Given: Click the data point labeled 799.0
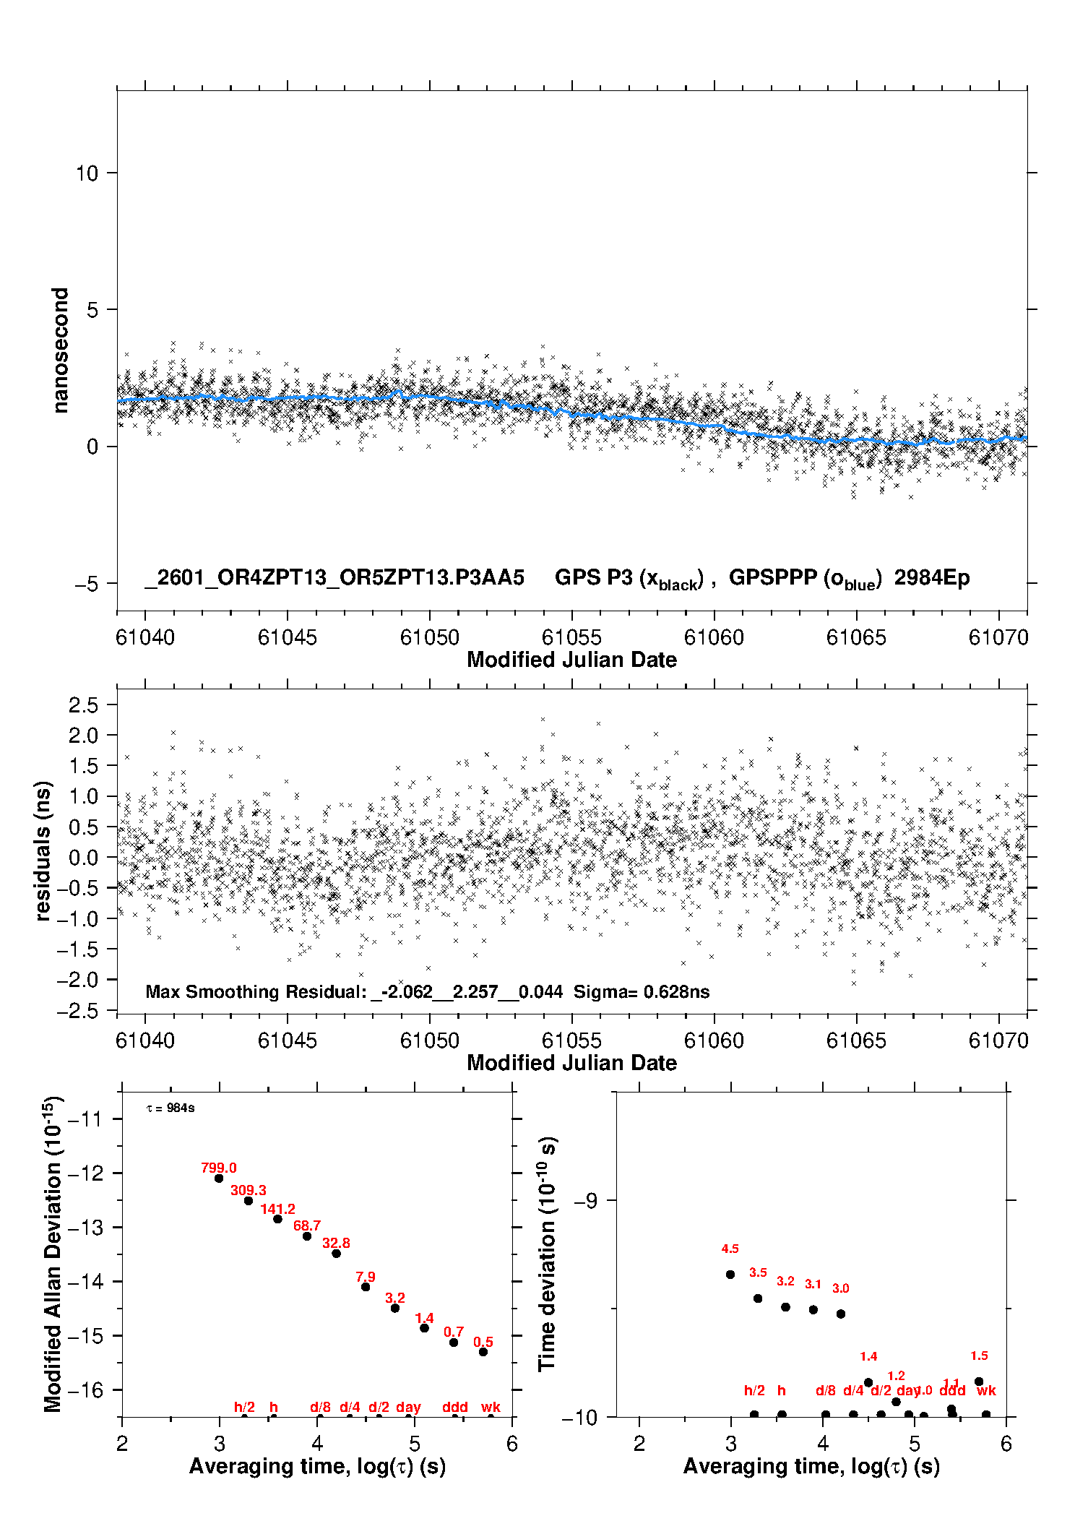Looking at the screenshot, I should pos(219,1178).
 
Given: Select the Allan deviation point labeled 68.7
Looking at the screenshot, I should pos(307,1236).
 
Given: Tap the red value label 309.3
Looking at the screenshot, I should pos(248,1190).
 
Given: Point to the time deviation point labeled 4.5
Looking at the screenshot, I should pos(730,1275).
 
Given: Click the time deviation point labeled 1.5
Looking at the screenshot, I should pos(979,1382).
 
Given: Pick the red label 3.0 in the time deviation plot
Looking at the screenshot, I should pos(840,1288).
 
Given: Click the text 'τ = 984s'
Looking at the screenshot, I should pos(170,1108).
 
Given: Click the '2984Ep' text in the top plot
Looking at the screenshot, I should pos(932,578).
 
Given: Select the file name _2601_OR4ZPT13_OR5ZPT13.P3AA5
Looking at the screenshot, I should pos(334,578).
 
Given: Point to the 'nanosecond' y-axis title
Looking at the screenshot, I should pos(61,350).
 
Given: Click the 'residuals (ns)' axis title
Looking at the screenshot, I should pos(43,850).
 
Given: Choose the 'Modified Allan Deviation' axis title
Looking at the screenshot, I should pos(53,1254).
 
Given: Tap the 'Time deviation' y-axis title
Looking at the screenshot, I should pos(548,1254).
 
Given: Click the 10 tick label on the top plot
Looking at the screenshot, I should pos(87,173).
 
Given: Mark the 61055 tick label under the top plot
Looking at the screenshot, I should pos(571,637).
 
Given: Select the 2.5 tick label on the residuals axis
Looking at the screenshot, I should pos(83,705).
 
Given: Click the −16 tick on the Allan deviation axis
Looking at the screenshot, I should pos(85,1389).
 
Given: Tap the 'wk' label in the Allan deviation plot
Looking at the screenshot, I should pos(491,1407).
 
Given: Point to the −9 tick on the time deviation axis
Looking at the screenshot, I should pos(586,1201).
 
